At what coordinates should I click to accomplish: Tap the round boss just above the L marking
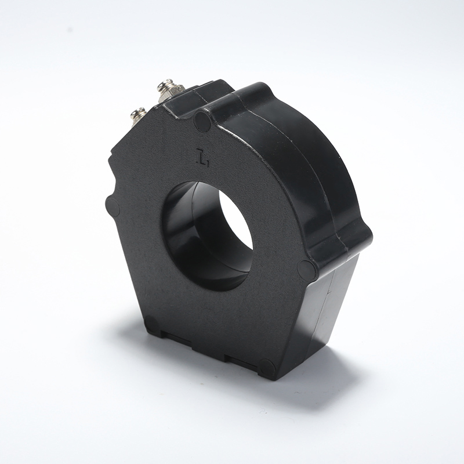pos(202,121)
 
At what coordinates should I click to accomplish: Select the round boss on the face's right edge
pos(306,270)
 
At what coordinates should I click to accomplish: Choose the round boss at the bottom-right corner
pos(267,368)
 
